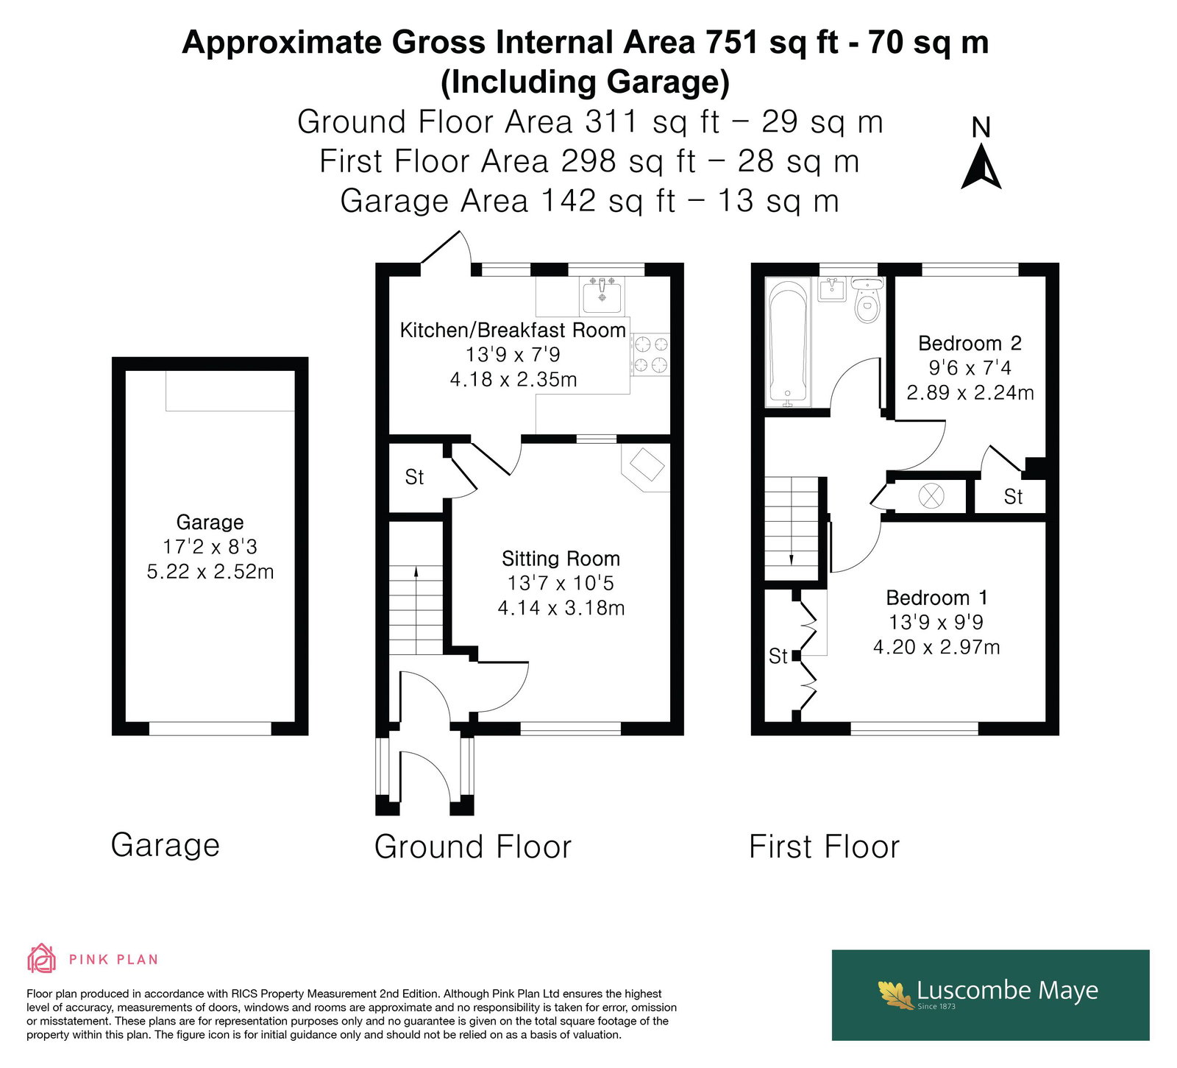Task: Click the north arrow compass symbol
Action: click(981, 168)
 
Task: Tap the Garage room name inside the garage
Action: click(210, 523)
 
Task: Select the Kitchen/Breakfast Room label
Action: click(513, 330)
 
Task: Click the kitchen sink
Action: click(602, 297)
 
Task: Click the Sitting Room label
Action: click(561, 559)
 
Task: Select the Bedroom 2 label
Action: click(970, 344)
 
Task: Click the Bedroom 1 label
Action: click(936, 598)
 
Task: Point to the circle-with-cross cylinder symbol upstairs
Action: click(931, 495)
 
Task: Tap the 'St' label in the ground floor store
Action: click(414, 478)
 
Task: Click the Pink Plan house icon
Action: click(41, 958)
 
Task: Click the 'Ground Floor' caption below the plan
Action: click(472, 846)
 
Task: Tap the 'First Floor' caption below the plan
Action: click(824, 846)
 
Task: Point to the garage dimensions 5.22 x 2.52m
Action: click(210, 572)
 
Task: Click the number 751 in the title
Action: click(733, 43)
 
